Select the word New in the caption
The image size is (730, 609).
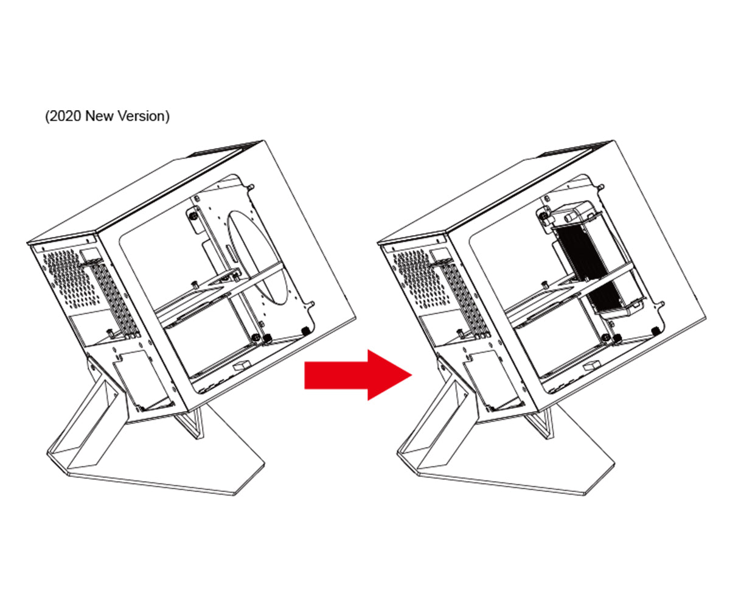point(99,116)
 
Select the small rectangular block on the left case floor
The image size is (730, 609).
point(242,364)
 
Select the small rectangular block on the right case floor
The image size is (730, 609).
point(591,364)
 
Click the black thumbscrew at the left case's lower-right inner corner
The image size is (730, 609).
point(305,331)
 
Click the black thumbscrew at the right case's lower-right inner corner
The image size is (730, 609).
point(655,331)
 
